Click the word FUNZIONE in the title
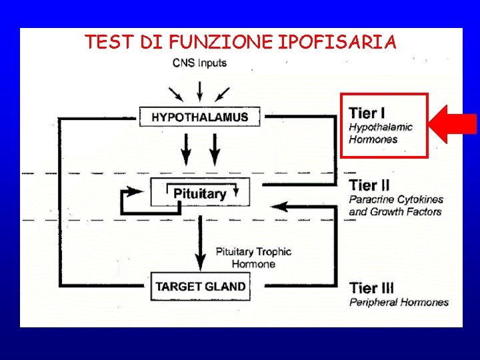point(221,43)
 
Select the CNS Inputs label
point(199,63)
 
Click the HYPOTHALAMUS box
point(199,117)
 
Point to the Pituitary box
point(200,193)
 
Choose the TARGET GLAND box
point(200,287)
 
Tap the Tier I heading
point(367,113)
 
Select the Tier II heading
point(370,185)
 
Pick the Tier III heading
point(372,288)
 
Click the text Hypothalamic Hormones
point(380,133)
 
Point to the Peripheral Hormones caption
point(399,302)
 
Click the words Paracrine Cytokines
point(396,199)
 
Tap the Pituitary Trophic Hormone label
point(253,257)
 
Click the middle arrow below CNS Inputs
point(199,89)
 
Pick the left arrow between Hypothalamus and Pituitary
point(185,150)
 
